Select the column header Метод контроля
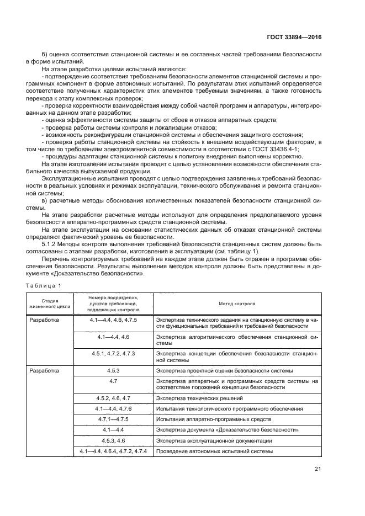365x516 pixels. pyautogui.click(x=236, y=303)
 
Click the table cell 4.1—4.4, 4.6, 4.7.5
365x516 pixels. pyautogui.click(x=113, y=320)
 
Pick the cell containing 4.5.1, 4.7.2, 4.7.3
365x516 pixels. pyautogui.click(x=113, y=353)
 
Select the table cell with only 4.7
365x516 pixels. pyautogui.click(x=113, y=381)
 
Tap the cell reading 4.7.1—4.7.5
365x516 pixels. pyautogui.click(x=113, y=419)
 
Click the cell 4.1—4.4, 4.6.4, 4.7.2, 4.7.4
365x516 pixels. pyautogui.click(x=113, y=452)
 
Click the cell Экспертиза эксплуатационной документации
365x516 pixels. pyautogui.click(x=213, y=441)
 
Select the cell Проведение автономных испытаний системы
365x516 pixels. pyautogui.click(x=214, y=452)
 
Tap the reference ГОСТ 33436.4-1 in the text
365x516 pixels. pyautogui.click(x=274, y=149)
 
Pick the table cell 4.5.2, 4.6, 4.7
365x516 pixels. pyautogui.click(x=113, y=398)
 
